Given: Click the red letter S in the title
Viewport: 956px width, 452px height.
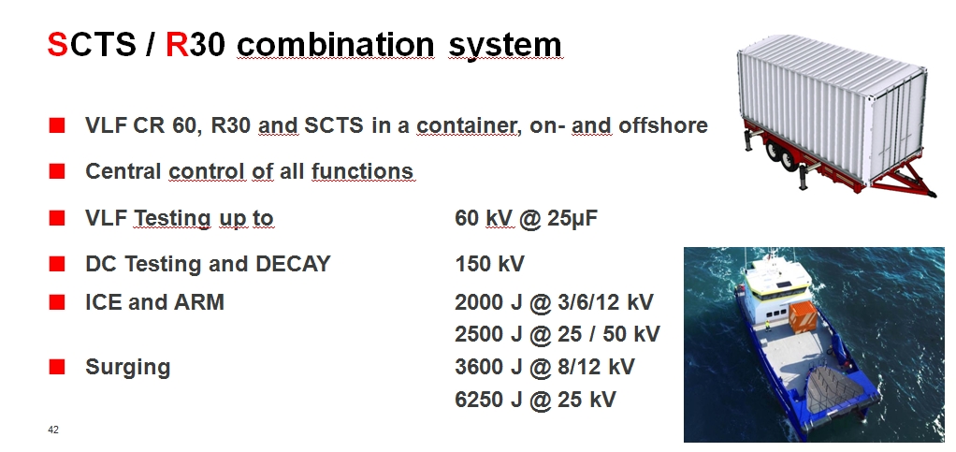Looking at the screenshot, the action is tap(57, 44).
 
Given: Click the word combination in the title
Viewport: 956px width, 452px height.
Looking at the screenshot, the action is tap(335, 44).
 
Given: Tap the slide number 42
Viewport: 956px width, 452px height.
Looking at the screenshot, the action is tap(53, 430).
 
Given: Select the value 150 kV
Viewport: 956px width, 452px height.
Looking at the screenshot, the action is tap(489, 264).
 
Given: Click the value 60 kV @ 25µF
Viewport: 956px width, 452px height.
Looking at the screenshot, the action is tap(526, 218).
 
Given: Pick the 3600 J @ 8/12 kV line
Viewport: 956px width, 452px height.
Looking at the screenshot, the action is tap(544, 367).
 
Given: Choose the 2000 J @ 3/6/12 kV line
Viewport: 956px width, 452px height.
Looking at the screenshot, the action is tap(554, 302).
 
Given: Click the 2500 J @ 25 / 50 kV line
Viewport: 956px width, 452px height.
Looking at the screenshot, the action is tap(558, 334).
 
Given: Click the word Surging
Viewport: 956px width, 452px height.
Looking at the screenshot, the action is tap(127, 368).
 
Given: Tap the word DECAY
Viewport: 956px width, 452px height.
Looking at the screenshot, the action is tap(293, 264).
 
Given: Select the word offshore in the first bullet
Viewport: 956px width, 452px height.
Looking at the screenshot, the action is tap(663, 125).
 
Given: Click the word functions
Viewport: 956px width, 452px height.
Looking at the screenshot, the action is tap(362, 171).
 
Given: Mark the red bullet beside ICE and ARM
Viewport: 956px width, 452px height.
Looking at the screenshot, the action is tap(57, 302).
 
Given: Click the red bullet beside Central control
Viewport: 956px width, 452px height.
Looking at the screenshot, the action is tap(57, 171).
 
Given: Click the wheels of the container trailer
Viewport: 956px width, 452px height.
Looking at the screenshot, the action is tap(782, 155).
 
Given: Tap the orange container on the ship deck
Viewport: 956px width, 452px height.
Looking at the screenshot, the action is tap(803, 316).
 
